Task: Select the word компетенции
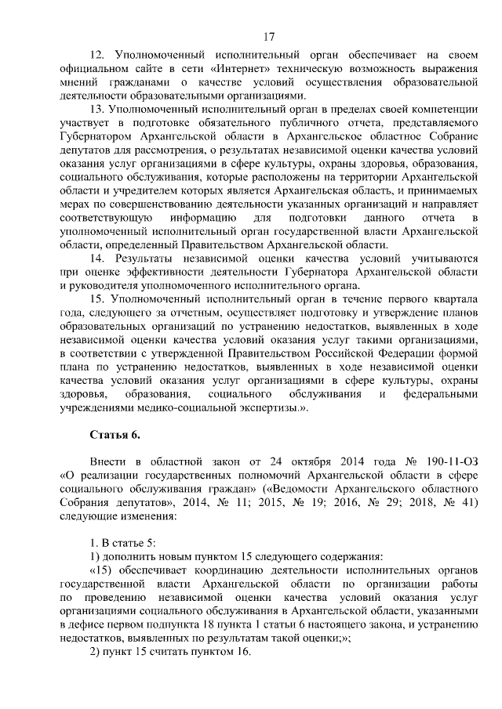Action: [438, 108]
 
